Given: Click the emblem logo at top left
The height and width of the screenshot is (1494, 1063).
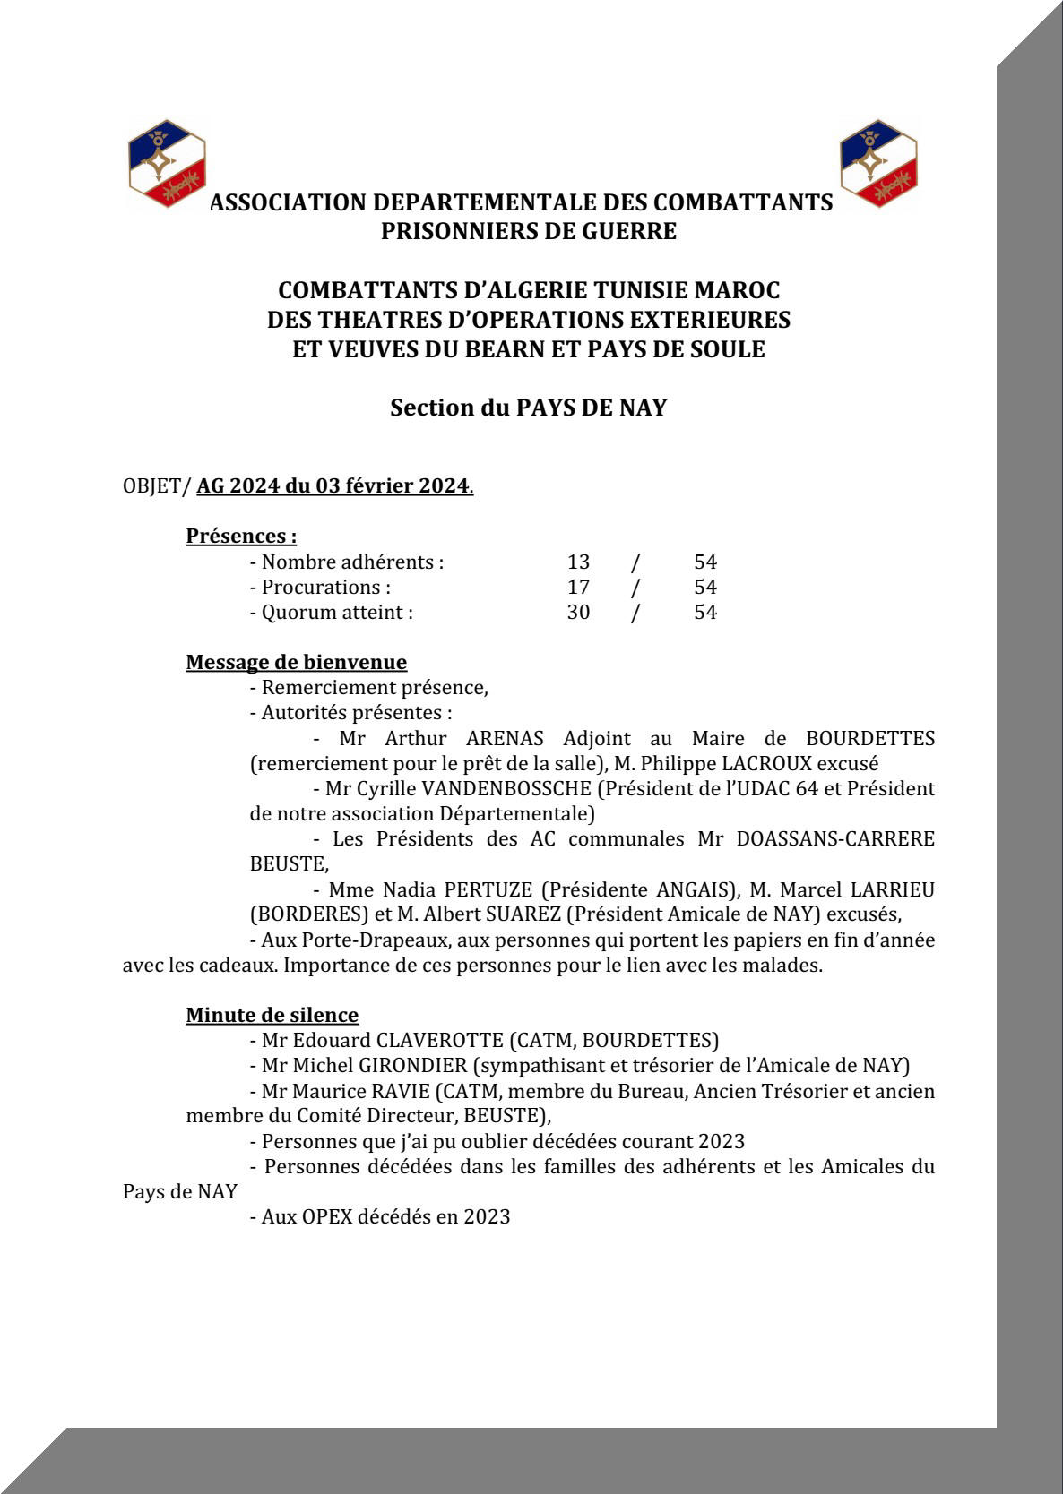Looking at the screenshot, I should pos(168,163).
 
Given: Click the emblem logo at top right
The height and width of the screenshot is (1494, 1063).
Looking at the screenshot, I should pos(878,163).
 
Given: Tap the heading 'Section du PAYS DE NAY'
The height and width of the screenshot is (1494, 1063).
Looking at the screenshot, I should pos(529,408).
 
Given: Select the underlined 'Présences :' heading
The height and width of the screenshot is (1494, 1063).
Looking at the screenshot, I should pos(241,537).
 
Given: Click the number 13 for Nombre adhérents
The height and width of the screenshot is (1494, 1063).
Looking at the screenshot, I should pos(578,562).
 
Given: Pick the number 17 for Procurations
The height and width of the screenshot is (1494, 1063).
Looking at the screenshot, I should pos(578,588).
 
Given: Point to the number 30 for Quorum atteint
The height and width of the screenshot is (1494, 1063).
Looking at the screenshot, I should pos(578,613).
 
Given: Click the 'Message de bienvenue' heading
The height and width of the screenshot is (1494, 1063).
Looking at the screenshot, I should pos(296,663).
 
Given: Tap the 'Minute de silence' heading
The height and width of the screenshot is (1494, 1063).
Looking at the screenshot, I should pos(272,1016).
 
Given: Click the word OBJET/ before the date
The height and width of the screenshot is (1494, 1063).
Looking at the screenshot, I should pos(157,486).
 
